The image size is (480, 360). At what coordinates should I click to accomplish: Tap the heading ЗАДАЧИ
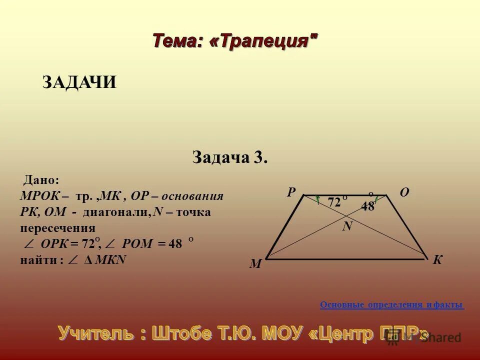pyautogui.click(x=79, y=82)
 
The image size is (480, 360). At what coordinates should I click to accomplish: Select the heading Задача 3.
pyautogui.click(x=230, y=157)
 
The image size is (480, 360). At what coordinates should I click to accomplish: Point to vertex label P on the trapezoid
pyautogui.click(x=291, y=192)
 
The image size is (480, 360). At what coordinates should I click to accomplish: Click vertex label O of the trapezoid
pyautogui.click(x=404, y=192)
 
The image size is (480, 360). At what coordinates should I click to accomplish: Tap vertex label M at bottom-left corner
pyautogui.click(x=255, y=264)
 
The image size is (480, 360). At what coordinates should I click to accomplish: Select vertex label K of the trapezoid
pyautogui.click(x=438, y=260)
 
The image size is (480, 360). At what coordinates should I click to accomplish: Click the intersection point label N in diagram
pyautogui.click(x=347, y=226)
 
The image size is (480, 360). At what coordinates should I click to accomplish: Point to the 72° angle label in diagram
pyautogui.click(x=336, y=202)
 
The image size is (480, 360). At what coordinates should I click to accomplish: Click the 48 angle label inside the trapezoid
pyautogui.click(x=367, y=206)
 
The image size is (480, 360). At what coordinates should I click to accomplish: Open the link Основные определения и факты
pyautogui.click(x=391, y=304)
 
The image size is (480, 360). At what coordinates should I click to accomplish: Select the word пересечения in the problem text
pyautogui.click(x=57, y=228)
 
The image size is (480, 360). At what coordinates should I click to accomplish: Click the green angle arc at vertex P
pyautogui.click(x=316, y=200)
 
